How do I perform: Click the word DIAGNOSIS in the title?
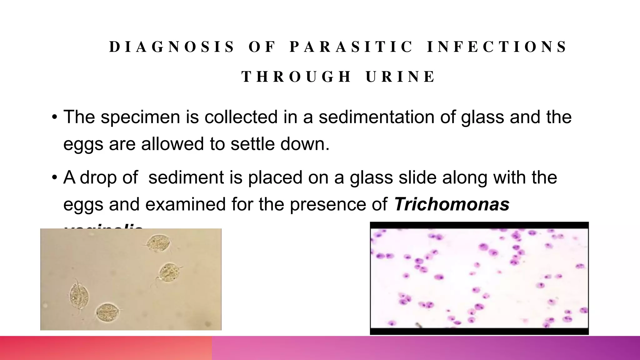(172, 47)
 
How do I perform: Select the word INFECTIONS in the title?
(497, 47)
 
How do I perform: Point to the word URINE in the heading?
(400, 77)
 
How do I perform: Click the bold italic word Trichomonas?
(452, 204)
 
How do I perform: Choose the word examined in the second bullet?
(186, 204)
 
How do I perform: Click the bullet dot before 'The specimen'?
(54, 117)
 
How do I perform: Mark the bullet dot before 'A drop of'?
(54, 178)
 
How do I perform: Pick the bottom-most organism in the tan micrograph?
(107, 312)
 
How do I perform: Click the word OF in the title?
(262, 47)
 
